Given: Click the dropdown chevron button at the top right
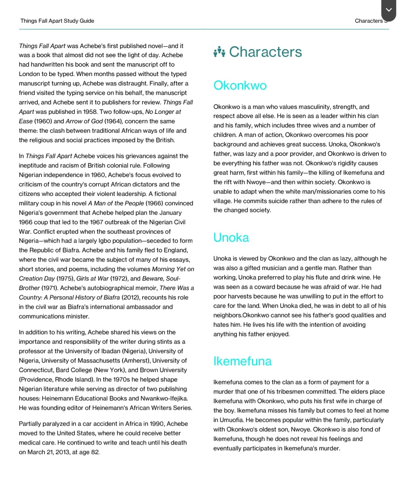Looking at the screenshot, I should [389, 10].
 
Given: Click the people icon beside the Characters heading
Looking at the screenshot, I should [219, 52].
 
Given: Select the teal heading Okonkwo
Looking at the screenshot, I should [240, 85].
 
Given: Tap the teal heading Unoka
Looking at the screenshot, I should [231, 238].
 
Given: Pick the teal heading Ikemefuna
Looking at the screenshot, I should [242, 361].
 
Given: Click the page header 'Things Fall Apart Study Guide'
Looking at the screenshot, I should [57, 21].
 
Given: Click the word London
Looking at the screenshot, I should [30, 74].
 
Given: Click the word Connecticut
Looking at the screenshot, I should [36, 370].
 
